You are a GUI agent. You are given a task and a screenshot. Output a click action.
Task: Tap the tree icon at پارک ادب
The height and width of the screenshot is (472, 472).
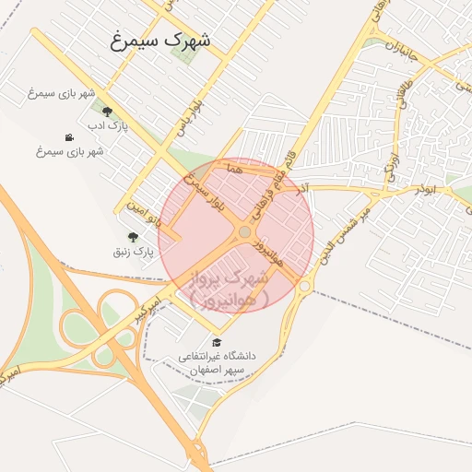click(x=107, y=112)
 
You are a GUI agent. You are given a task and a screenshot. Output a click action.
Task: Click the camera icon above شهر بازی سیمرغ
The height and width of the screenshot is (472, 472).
click(x=69, y=137)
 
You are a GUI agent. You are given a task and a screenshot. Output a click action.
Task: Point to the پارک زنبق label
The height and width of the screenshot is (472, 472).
click(x=132, y=250)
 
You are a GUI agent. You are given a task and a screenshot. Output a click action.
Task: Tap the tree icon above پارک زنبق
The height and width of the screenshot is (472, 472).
click(x=131, y=237)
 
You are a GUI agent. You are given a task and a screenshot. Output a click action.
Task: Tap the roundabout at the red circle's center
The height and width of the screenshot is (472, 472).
click(x=244, y=232)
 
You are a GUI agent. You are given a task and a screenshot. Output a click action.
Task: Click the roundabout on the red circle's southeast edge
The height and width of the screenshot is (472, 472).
click(x=303, y=286)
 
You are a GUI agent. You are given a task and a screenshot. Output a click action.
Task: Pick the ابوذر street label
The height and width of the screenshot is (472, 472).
click(x=424, y=189)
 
